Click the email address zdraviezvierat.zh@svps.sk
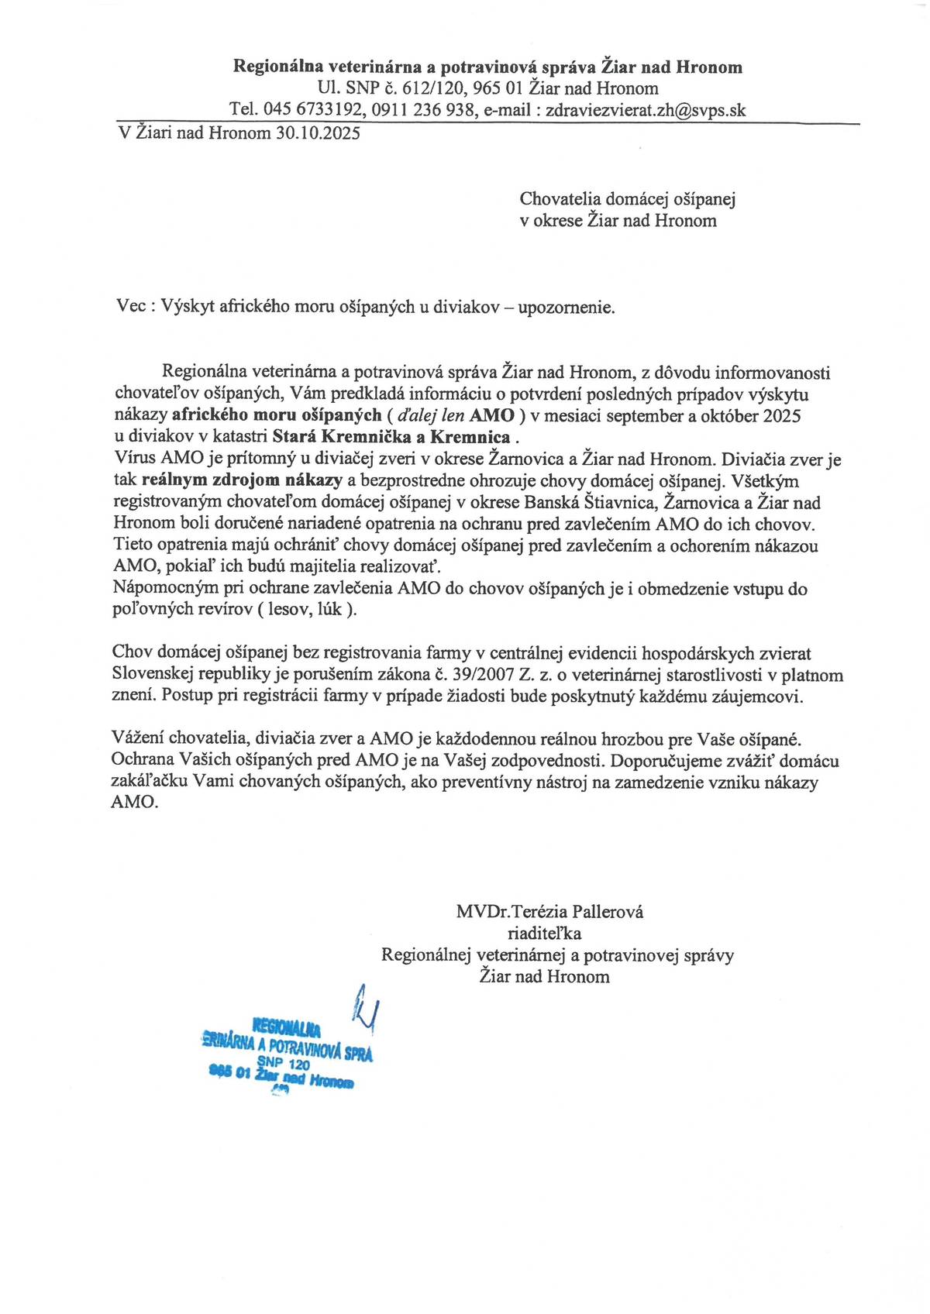tap(646, 110)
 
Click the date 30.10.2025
tap(318, 133)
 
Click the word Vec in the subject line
tap(130, 307)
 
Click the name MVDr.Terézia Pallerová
tap(549, 912)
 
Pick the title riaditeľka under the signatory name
tap(544, 934)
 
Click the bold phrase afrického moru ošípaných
tap(277, 415)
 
